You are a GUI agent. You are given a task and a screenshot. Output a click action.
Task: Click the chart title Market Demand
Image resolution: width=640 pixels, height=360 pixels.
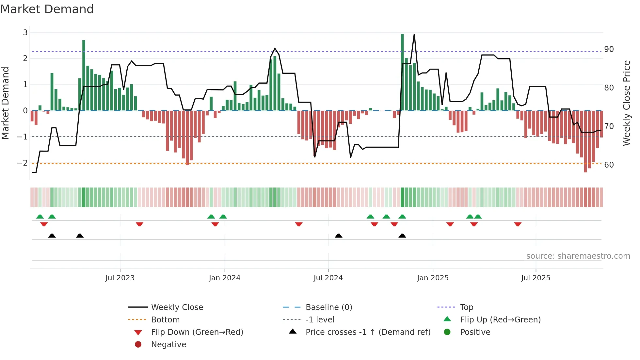(x=47, y=9)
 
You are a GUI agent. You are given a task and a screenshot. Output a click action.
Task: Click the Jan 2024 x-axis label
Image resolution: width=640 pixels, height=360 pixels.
(x=224, y=278)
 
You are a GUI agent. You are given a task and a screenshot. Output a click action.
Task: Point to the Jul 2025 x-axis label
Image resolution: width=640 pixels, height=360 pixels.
(x=536, y=278)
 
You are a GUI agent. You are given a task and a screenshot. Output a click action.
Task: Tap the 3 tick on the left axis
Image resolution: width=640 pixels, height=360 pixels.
(x=25, y=33)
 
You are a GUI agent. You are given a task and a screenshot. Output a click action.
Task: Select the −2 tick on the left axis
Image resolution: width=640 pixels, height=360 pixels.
(x=23, y=163)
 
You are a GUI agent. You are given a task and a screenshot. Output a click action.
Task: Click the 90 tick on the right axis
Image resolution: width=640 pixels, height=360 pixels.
(x=609, y=49)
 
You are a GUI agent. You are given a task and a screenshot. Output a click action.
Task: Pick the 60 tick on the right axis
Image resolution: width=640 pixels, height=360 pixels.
(x=609, y=165)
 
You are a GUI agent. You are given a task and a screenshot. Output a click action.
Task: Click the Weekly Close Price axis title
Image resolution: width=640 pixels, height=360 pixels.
(x=626, y=103)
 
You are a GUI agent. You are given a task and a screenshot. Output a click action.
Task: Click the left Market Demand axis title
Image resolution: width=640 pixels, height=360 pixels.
(x=5, y=103)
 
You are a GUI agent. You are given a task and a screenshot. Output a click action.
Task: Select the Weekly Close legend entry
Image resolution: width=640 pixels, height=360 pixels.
(x=177, y=307)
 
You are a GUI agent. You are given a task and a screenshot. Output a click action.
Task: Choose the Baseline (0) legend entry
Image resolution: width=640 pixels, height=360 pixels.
(x=328, y=307)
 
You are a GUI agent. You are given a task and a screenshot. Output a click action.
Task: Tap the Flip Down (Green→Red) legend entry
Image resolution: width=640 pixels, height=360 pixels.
(x=197, y=332)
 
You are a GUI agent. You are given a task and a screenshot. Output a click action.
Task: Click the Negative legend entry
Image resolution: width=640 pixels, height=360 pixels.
(x=168, y=345)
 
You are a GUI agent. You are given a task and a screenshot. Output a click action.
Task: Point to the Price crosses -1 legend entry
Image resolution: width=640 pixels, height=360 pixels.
(x=368, y=332)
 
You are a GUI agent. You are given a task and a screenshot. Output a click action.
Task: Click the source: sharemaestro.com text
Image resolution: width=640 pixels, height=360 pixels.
(x=578, y=256)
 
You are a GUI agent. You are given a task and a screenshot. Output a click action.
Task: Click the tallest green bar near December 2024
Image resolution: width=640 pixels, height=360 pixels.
(x=402, y=72)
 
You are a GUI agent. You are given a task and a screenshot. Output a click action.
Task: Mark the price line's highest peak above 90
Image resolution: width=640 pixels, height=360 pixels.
(x=414, y=35)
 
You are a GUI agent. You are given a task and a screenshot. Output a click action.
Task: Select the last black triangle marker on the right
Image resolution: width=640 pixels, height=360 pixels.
(x=402, y=236)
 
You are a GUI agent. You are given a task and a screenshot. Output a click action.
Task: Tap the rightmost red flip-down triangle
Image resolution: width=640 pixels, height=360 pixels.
(x=518, y=224)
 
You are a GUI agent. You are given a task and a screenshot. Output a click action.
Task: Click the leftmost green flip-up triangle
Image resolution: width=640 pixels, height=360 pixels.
(x=40, y=217)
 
